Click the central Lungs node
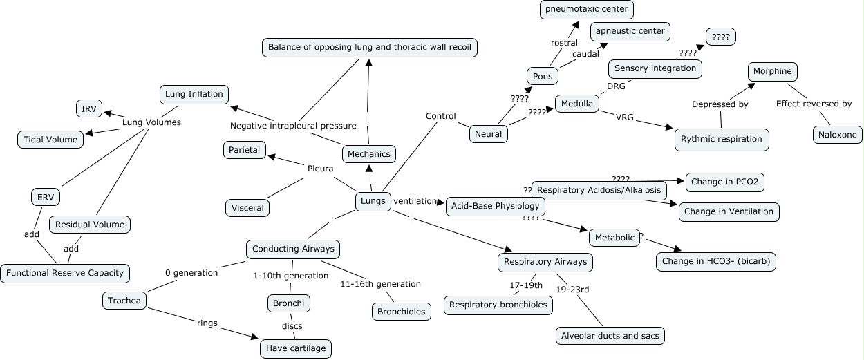(373, 201)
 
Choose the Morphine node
(773, 71)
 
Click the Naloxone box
(837, 134)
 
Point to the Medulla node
(577, 104)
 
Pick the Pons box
(543, 76)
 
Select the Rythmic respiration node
(721, 139)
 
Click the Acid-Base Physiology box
(495, 206)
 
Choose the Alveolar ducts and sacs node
(610, 336)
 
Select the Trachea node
(124, 300)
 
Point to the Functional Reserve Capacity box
(65, 273)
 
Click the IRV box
(88, 108)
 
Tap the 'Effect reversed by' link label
(813, 104)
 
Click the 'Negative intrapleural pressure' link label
(293, 126)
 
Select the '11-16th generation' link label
(380, 283)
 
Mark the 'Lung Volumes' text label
(151, 122)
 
